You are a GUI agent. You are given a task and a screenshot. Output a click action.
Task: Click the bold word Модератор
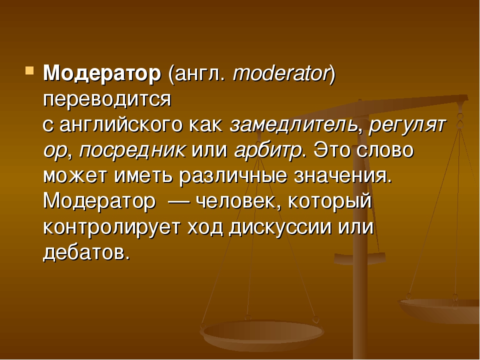coord(102,74)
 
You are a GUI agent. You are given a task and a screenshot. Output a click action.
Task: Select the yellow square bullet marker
coord(29,70)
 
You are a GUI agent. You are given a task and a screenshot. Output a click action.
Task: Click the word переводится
coord(107,100)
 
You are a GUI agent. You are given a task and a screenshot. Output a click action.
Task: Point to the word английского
coord(120,125)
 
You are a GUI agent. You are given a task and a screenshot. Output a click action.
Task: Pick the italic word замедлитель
coord(293,124)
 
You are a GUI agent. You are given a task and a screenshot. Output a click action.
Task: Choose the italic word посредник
coord(132,151)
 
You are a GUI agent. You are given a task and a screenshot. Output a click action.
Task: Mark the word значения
coord(342,176)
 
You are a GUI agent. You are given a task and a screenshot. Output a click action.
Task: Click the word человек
coord(237,202)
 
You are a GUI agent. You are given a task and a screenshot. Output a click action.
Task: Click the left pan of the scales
coord(261,333)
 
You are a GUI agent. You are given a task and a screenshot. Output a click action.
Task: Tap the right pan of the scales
coord(438,309)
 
